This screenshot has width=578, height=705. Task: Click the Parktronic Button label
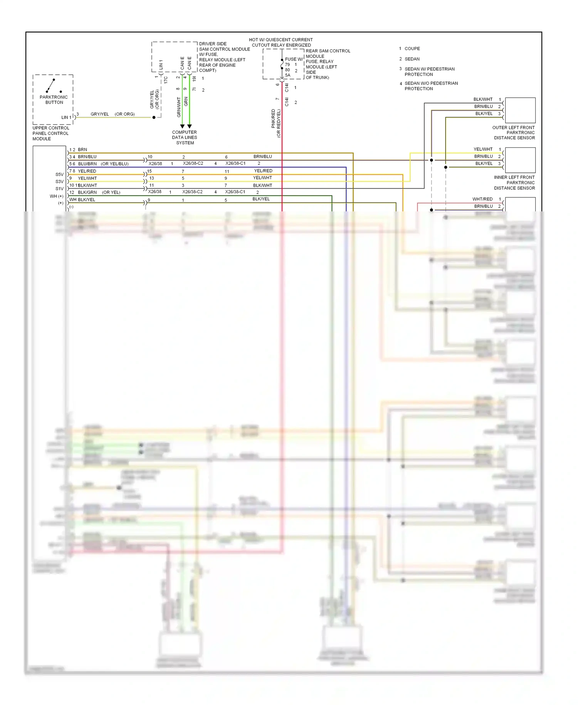(54, 100)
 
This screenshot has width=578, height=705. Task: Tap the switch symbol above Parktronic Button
(51, 85)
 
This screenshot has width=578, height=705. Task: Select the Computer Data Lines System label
(185, 137)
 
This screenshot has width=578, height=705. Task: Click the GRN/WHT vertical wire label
(179, 107)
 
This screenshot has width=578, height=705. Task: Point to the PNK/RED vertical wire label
(273, 118)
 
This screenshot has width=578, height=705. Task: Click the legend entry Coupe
(412, 49)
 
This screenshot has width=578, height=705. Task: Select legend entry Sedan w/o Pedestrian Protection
(431, 86)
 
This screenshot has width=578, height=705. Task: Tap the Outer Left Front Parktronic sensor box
(520, 110)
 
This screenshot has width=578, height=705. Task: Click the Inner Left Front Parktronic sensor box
(520, 160)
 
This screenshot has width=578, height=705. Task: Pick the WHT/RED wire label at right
(482, 199)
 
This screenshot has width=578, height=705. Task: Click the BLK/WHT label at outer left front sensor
(483, 99)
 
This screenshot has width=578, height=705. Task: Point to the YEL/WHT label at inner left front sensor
(483, 149)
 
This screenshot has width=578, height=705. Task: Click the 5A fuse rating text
(287, 75)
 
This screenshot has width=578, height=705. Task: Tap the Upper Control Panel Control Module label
(50, 133)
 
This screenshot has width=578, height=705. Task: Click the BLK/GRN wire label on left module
(87, 192)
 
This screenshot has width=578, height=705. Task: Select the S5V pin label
(59, 174)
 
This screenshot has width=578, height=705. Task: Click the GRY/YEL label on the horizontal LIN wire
(99, 114)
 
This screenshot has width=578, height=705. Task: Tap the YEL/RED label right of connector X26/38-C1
(263, 170)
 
